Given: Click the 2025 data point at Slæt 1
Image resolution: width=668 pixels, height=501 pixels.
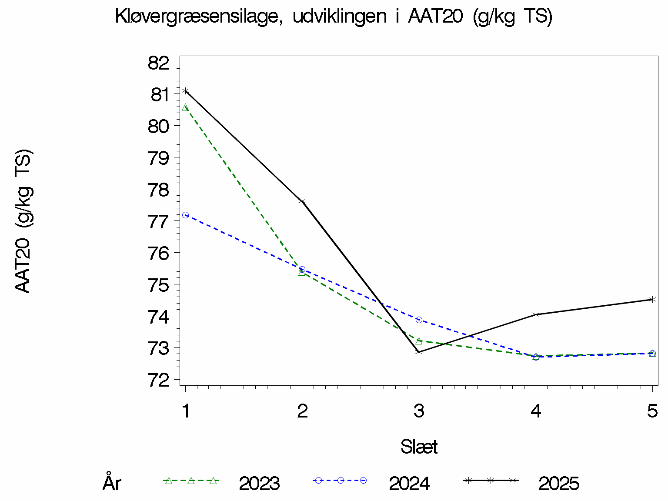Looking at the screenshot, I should [x=186, y=91].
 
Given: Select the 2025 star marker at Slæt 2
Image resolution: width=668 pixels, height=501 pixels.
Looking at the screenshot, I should [x=302, y=201].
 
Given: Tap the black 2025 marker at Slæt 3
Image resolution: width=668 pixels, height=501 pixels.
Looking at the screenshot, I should [x=419, y=352].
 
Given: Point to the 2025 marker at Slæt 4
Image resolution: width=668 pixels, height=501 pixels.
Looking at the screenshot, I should [x=536, y=314].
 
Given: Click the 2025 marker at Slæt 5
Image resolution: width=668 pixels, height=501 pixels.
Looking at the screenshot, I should [x=652, y=299].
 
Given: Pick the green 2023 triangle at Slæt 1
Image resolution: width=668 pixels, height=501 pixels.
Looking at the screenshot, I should [x=186, y=107].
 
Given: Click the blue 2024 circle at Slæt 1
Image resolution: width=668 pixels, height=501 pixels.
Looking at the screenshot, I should [x=186, y=215].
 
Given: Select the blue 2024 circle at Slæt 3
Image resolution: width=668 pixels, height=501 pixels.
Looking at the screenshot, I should [x=419, y=320].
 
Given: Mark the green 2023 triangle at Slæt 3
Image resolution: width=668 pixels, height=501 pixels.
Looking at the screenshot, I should [x=419, y=341].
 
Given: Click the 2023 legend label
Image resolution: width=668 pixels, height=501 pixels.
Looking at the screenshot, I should [x=259, y=484].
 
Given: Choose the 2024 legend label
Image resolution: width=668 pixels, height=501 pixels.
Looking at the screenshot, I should [x=409, y=484].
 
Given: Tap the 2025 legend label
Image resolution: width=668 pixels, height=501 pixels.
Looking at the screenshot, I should [x=559, y=484].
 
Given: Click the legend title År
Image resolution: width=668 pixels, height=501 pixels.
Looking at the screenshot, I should [x=112, y=483].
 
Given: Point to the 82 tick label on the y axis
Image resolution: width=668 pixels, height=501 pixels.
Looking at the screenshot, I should [x=158, y=63].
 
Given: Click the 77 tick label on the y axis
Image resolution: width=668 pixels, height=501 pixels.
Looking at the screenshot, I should [x=158, y=222].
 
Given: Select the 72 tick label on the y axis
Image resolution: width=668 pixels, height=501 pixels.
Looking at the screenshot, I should [x=158, y=380].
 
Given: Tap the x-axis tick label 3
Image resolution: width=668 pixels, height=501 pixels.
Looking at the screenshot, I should [x=419, y=411].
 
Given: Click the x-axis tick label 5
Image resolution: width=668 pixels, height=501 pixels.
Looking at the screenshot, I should [x=652, y=411].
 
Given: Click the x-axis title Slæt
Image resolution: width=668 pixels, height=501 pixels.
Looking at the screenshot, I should [x=419, y=447].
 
